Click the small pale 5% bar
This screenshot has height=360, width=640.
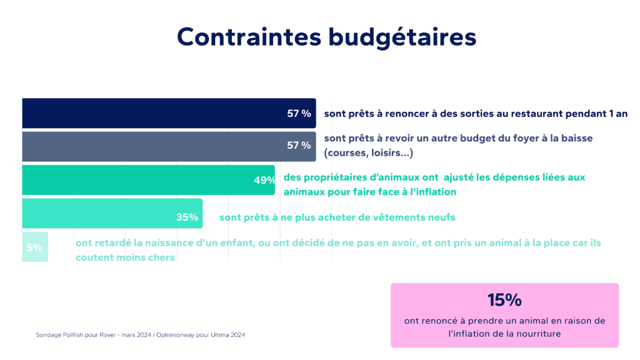[x=35, y=247]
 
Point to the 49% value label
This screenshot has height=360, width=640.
[x=264, y=180]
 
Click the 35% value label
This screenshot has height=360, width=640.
[x=187, y=217]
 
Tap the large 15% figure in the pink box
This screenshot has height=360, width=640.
[x=504, y=300]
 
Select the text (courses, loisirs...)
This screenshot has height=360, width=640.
[x=369, y=152]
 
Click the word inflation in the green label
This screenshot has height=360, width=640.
[x=432, y=192]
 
